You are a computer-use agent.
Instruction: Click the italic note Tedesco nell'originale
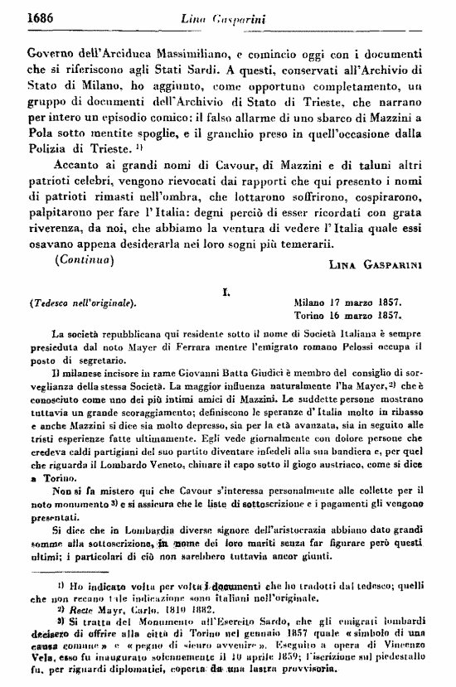tap(81, 302)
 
